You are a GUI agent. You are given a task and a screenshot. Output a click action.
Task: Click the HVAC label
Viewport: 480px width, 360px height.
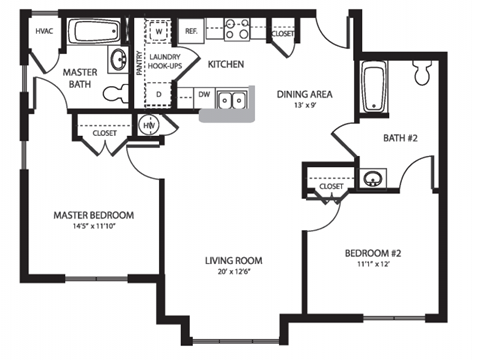coord(44,31)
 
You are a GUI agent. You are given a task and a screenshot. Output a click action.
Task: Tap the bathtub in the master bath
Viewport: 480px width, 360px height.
coord(95,32)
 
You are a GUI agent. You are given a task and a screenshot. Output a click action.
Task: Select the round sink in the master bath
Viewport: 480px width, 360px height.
coord(116,58)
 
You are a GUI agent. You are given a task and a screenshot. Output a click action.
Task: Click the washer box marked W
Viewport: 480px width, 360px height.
coord(158,32)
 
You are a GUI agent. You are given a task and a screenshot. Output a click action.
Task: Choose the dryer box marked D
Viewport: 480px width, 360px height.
coord(158,95)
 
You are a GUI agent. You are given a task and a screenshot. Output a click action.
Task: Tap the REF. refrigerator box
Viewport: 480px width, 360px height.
coord(191,32)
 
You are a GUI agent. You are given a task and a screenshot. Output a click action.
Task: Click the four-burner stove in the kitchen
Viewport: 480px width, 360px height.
coord(236,30)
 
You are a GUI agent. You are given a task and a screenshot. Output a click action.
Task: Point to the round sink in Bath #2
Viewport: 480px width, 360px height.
coord(374,179)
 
